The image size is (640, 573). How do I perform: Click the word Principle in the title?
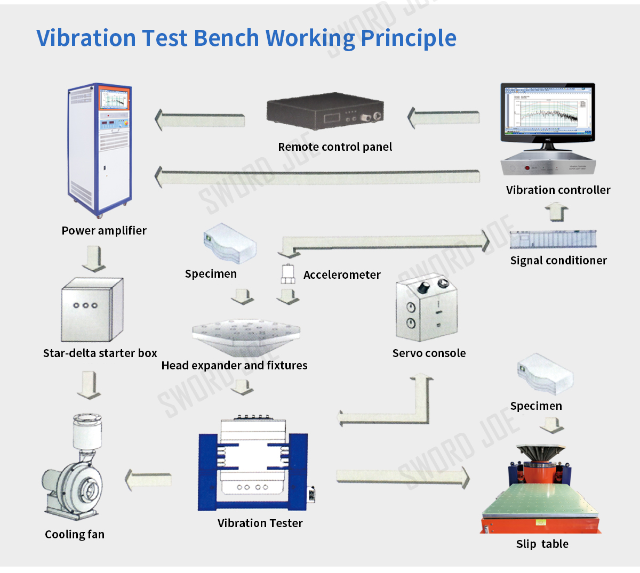(409, 38)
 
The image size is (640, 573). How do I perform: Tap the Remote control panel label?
(335, 147)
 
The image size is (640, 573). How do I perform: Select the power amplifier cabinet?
(99, 149)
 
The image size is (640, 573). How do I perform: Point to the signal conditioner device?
(553, 239)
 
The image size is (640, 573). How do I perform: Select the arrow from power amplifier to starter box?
(94, 259)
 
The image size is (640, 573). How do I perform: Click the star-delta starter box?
(92, 310)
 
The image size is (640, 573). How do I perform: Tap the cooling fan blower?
(75, 469)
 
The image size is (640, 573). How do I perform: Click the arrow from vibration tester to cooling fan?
(148, 479)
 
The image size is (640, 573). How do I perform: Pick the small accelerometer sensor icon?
(288, 273)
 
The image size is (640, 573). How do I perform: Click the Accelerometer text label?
(342, 275)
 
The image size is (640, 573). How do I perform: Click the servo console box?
(426, 309)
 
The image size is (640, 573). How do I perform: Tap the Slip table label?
(542, 544)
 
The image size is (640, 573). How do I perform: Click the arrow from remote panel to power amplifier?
(200, 119)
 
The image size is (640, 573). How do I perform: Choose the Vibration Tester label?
(260, 523)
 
